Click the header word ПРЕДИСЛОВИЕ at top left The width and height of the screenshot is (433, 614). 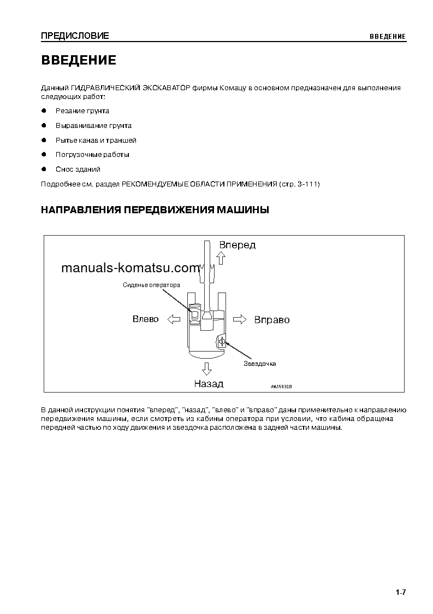pos(75,36)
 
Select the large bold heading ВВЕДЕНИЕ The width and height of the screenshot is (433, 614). pos(79,60)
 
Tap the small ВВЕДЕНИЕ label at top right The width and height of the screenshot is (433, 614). pos(387,37)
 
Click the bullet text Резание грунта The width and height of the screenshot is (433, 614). pos(82,111)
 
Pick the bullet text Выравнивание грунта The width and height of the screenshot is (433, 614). pos(93,126)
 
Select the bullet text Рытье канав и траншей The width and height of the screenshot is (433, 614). pos(96,141)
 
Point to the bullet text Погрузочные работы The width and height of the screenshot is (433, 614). pos(92,155)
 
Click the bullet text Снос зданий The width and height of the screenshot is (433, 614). pos(78,169)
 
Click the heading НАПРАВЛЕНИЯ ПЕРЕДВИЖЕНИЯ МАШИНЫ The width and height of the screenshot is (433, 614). pos(155,210)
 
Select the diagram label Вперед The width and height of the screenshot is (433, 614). pos(238,245)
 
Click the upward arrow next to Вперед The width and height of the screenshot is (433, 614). pos(222,258)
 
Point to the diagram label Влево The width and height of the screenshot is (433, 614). pos(146,319)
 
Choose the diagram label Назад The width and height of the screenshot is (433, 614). pos(209,383)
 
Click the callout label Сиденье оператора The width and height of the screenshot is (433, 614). pos(151,285)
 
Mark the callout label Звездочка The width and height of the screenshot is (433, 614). pos(260,364)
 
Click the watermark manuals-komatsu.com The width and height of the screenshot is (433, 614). pos(131,268)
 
